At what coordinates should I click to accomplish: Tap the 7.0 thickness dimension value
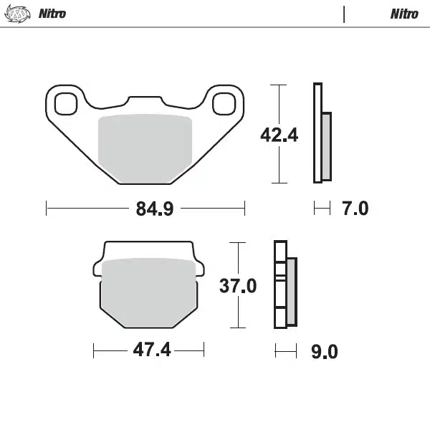coord(355,209)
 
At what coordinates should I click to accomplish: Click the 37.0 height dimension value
coord(237,286)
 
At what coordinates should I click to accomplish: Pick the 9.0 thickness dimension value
coord(323,352)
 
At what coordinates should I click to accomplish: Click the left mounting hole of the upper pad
coord(65,102)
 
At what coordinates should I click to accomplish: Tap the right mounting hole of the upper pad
coord(224,102)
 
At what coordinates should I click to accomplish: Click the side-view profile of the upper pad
coord(322,134)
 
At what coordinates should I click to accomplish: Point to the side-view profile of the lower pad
coord(285,286)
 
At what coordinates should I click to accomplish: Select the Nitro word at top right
coord(404,14)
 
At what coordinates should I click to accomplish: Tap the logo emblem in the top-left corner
coord(19,14)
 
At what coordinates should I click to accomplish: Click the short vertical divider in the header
coord(345,14)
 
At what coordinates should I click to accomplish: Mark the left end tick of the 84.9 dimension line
coord(47,209)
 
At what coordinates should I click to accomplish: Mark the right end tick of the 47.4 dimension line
coord(204,351)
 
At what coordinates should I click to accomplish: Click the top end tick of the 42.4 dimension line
coord(279,85)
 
